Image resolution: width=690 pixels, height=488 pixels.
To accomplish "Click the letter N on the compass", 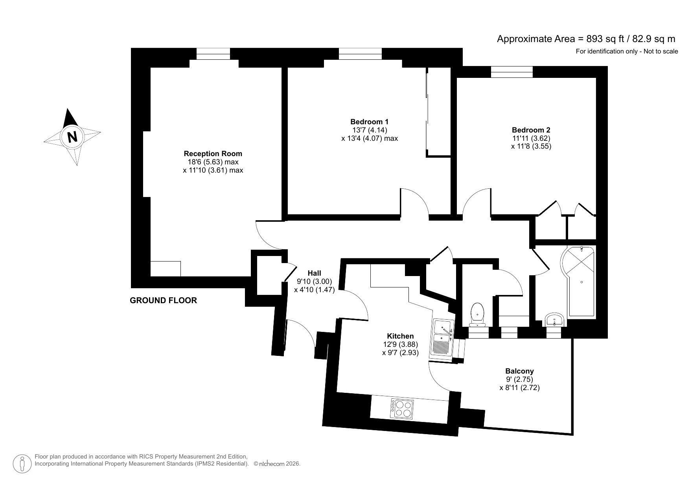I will click(72, 137).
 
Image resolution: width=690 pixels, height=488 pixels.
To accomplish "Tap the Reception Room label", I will click(213, 153).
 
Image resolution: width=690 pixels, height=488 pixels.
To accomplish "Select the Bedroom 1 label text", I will click(370, 122).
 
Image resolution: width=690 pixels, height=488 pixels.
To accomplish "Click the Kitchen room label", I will click(400, 336).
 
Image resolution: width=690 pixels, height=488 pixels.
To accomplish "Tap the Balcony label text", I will click(519, 371).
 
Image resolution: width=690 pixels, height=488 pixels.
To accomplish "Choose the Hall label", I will click(314, 273).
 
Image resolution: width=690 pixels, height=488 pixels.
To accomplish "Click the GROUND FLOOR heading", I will click(163, 300).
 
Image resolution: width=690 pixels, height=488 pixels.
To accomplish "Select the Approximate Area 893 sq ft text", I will click(586, 39).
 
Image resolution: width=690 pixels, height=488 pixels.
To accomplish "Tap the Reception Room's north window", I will click(213, 53).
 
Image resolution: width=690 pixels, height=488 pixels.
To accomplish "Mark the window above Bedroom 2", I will click(512, 72).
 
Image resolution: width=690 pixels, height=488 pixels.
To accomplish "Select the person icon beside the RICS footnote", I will click(22, 464).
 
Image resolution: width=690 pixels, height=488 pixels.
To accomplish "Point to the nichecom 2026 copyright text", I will click(277, 464).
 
